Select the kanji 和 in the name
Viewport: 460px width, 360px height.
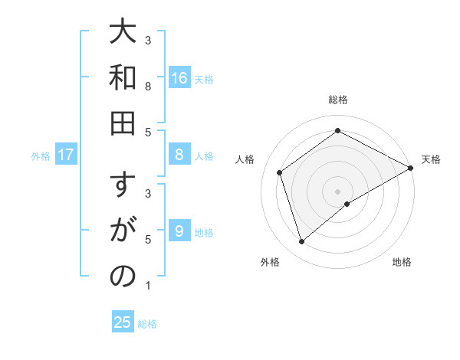pos(123,77)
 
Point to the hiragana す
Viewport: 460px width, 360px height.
pos(123,187)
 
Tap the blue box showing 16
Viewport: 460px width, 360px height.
pos(179,78)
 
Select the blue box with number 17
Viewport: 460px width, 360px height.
pos(66,155)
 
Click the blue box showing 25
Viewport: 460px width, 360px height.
pos(123,322)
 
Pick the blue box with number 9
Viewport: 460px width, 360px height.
pos(179,231)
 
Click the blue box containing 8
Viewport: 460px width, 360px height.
pos(179,155)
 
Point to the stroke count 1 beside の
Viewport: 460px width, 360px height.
pos(147,286)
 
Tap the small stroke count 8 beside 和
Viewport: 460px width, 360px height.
pos(147,86)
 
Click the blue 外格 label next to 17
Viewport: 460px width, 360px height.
pos(41,156)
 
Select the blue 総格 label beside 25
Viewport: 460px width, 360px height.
pos(147,324)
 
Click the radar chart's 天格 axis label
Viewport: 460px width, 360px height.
pos(431,159)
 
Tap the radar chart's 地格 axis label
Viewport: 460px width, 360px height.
pos(402,263)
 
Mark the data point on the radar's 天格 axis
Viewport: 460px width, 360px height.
pos(411,169)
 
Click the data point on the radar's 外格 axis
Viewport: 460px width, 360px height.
pos(302,242)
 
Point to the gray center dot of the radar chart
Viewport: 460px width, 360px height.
pos(338,191)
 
